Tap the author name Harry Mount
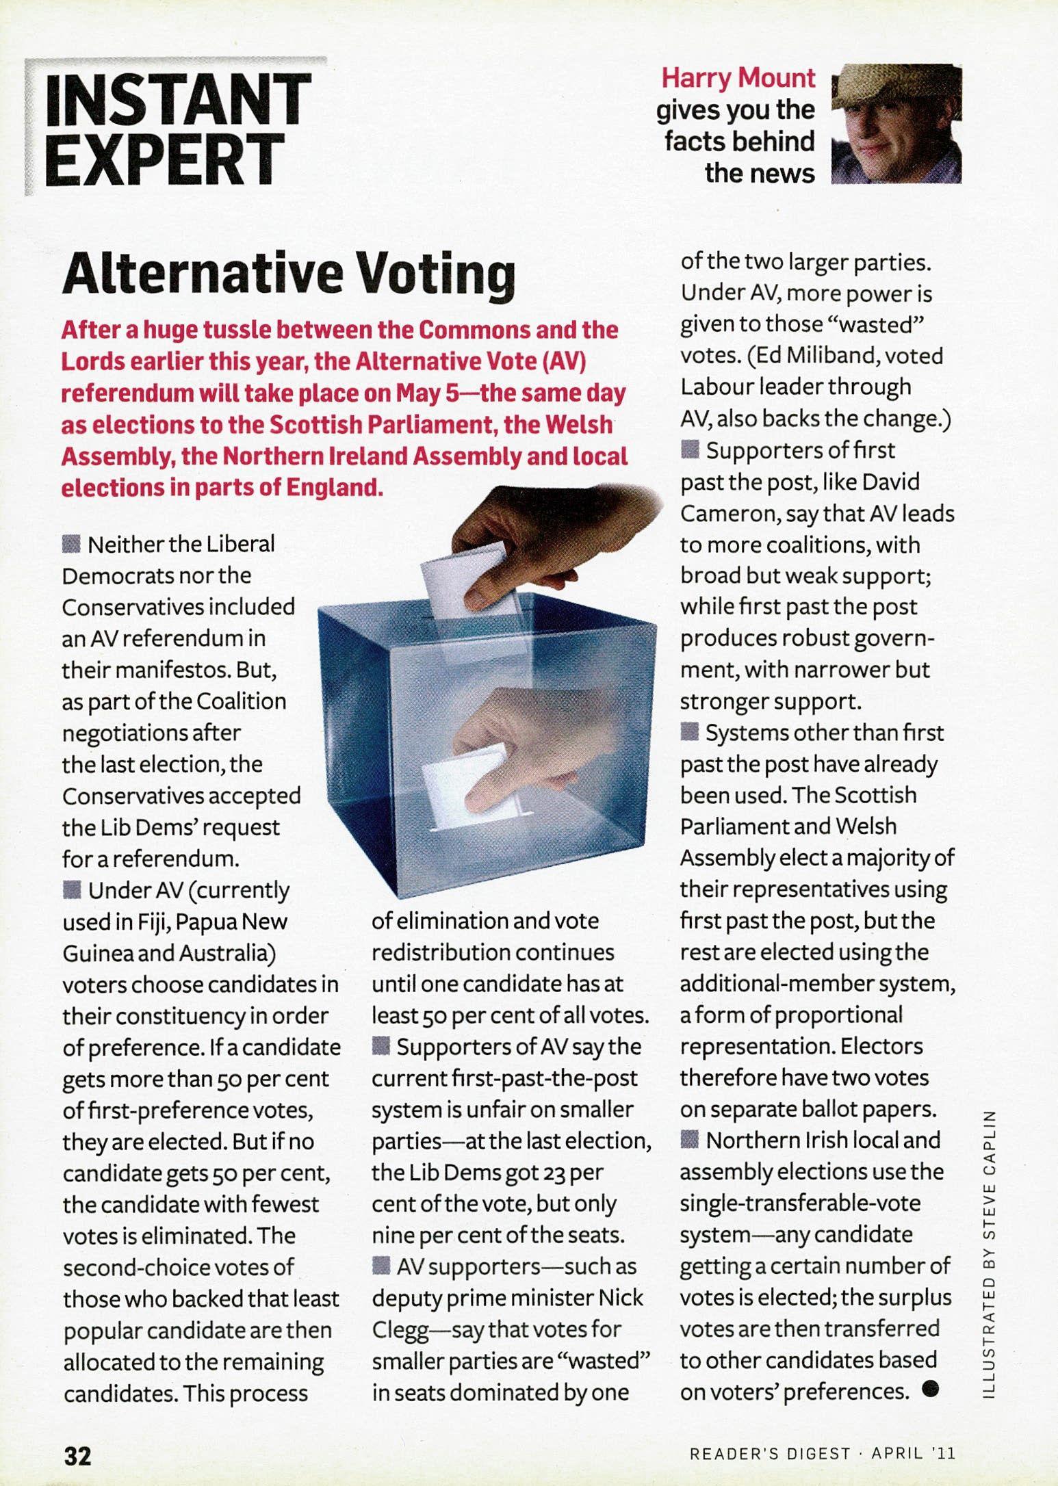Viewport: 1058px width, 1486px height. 738,78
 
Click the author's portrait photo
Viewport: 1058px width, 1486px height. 896,124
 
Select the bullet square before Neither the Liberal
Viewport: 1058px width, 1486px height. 70,545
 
